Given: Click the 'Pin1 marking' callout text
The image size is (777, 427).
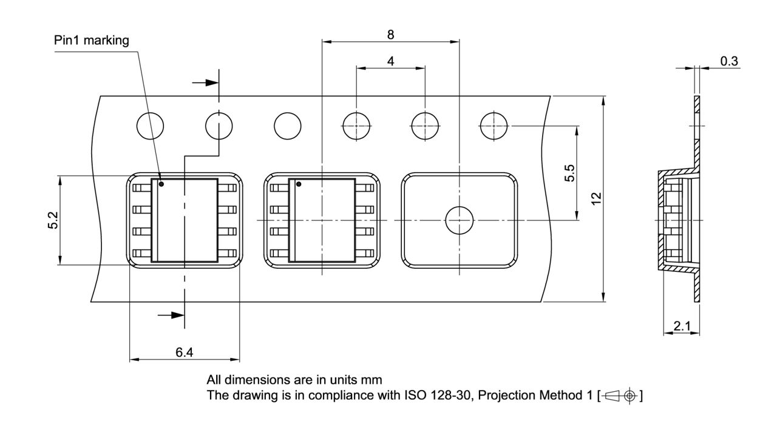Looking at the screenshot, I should click(92, 41).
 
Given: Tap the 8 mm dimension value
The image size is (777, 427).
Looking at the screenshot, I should click(390, 35).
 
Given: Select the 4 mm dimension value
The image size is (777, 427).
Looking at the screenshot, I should click(390, 61).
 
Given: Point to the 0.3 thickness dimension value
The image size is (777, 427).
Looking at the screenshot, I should click(729, 61).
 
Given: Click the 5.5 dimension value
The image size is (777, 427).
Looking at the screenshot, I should click(569, 173).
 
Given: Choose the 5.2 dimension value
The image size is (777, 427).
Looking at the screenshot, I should click(53, 221).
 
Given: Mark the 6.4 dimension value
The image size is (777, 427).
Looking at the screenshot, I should click(185, 352).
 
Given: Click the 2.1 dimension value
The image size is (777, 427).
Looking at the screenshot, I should click(682, 326).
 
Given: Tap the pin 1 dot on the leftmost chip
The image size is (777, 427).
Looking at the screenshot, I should click(161, 184).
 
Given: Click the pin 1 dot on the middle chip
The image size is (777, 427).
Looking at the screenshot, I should click(299, 184).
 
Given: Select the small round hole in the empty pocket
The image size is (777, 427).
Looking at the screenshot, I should click(459, 220).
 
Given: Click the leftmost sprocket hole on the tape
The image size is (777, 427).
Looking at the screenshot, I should click(150, 126).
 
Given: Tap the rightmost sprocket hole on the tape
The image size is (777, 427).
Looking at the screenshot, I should click(494, 126).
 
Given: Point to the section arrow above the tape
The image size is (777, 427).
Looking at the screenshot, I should click(204, 82).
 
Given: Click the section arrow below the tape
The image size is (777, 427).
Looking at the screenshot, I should click(170, 315).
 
